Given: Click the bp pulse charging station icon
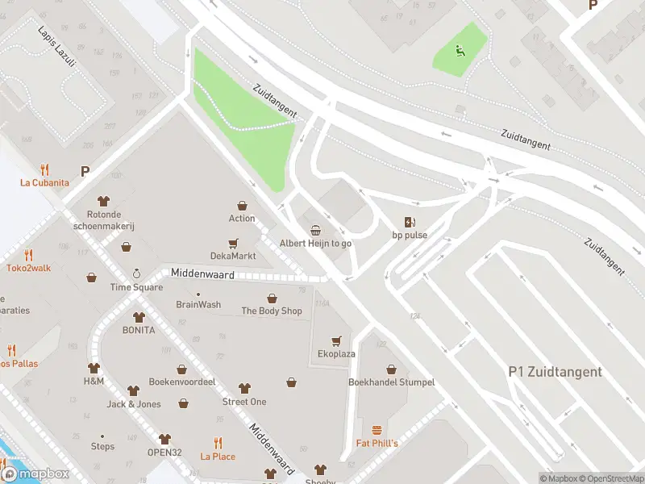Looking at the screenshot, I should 410,222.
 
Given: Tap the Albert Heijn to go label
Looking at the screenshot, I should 315,243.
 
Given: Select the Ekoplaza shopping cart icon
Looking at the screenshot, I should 336,340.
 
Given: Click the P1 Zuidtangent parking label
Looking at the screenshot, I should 555,372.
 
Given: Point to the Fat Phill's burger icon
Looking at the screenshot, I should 377,430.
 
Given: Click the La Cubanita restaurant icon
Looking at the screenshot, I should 44,169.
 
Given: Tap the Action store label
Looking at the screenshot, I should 241,219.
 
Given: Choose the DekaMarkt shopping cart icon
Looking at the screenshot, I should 233,243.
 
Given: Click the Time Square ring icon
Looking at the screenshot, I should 136,274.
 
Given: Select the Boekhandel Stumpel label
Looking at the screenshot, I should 391,382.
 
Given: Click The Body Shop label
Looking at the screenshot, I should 272,311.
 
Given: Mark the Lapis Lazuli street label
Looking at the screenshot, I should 55,43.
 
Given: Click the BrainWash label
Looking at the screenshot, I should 198,305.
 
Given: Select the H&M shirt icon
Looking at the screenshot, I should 94,367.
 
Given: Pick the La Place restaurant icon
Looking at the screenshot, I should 218,443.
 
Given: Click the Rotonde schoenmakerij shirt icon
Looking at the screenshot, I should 103,201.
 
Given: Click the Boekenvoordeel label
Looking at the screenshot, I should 182,382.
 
